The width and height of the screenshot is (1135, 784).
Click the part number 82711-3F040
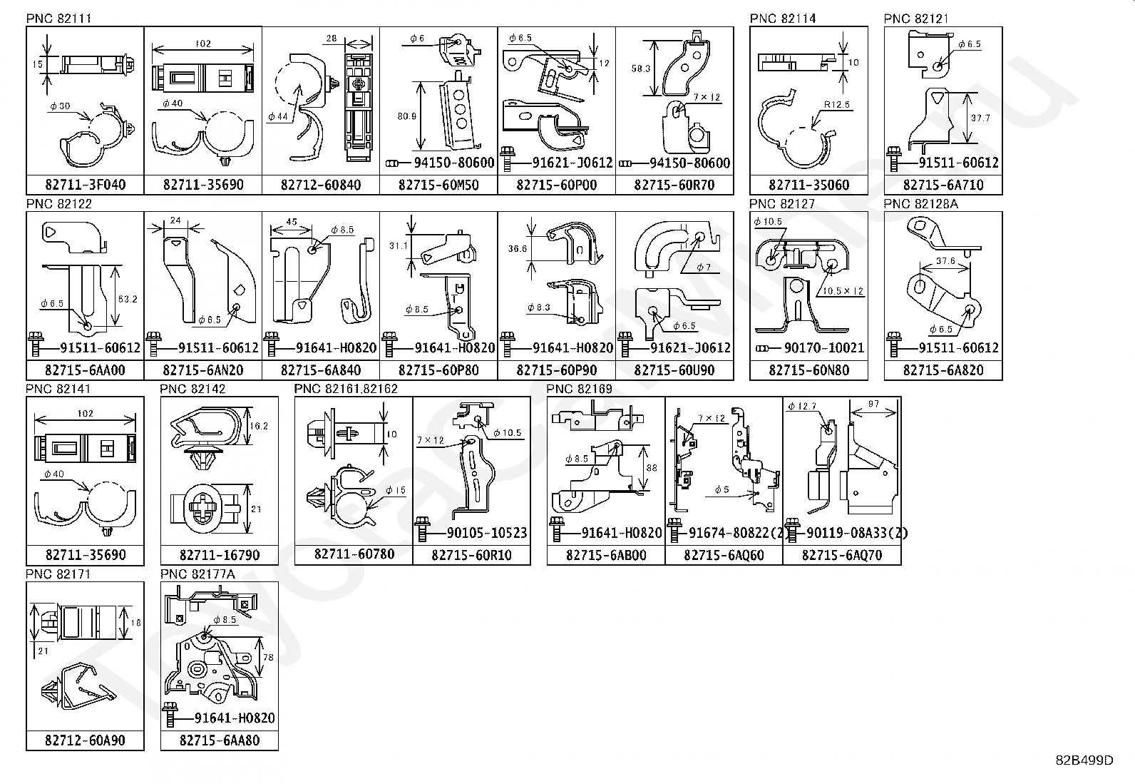point(85,185)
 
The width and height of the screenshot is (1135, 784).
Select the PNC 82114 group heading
point(782,19)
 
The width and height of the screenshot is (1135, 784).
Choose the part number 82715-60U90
point(674,370)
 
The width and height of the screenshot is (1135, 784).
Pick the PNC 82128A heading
point(921,204)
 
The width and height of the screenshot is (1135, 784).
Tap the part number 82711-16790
point(220,555)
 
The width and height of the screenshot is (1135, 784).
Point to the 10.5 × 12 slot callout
point(843,291)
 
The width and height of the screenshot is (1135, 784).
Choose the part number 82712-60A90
point(85,740)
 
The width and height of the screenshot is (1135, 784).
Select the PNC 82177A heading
point(192,574)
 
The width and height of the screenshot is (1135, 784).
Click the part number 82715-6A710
point(943,185)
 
